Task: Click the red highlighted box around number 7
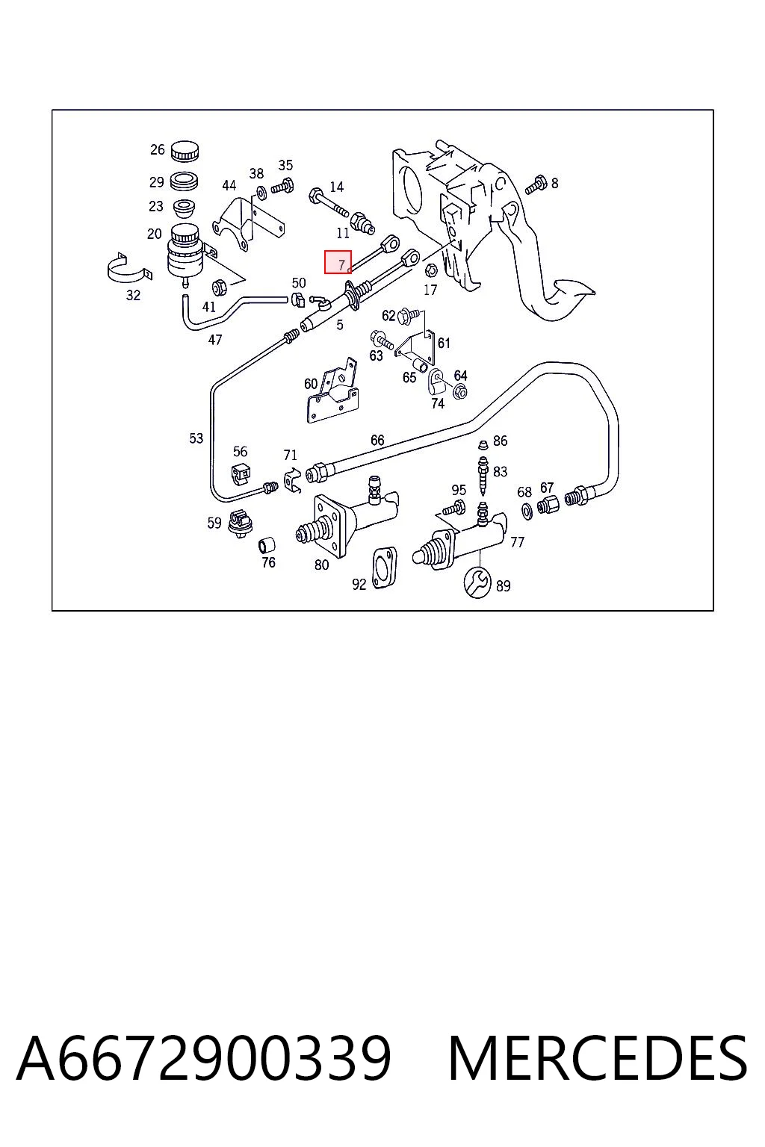point(338,261)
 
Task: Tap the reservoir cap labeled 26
point(185,150)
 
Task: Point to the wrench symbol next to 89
point(477,582)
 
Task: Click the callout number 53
point(196,438)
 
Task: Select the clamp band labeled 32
point(129,269)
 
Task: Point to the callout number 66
point(377,440)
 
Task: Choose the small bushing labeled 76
point(267,544)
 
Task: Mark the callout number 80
point(321,565)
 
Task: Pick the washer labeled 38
point(259,191)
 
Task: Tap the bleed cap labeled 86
point(482,444)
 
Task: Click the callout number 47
point(215,340)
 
